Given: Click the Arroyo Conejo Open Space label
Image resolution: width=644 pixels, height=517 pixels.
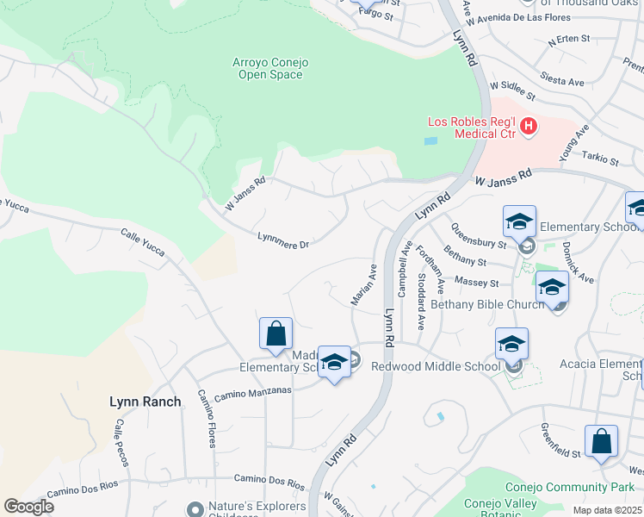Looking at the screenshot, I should [270, 68].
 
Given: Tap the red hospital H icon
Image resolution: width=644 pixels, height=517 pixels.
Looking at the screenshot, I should [529, 127].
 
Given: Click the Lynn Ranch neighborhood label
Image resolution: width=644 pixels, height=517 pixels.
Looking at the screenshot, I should [146, 402].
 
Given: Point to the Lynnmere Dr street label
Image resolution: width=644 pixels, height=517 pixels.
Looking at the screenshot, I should [282, 240].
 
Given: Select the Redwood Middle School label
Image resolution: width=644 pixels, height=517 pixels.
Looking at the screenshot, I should [436, 366].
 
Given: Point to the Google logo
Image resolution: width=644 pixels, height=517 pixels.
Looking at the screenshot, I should [28, 507].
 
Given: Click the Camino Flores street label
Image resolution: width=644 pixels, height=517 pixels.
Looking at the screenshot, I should [207, 419].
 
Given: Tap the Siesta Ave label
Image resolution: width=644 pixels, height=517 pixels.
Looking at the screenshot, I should [560, 82].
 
